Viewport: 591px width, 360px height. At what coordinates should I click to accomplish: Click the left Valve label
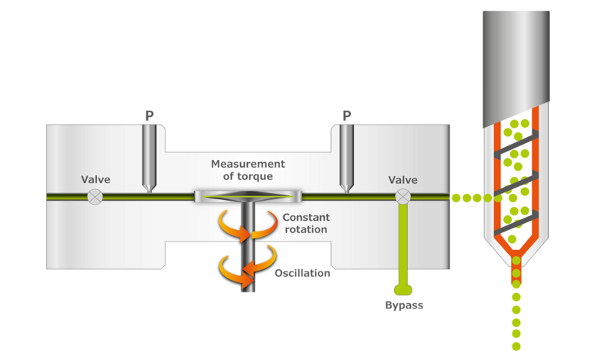[x=96, y=180]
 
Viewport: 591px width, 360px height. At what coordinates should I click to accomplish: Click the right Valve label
[x=402, y=180]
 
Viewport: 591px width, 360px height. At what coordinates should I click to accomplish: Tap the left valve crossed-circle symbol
[x=94, y=197]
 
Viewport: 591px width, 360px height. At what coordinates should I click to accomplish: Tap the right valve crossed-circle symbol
[x=402, y=197]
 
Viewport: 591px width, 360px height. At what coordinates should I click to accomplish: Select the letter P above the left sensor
[x=149, y=116]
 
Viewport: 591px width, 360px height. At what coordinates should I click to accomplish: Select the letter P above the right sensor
[x=347, y=116]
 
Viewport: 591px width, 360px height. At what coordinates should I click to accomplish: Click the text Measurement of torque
[x=248, y=170]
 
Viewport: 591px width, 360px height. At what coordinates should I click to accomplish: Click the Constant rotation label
[x=305, y=223]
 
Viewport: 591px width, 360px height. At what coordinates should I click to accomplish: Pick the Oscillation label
[x=302, y=273]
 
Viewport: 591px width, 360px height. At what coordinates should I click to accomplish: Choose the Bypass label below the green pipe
[x=404, y=305]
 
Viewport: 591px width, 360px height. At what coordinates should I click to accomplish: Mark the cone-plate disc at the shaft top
[x=246, y=197]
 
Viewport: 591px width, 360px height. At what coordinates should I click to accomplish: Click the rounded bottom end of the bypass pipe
[x=402, y=289]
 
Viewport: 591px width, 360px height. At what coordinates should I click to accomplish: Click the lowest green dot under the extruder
[x=516, y=346]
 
